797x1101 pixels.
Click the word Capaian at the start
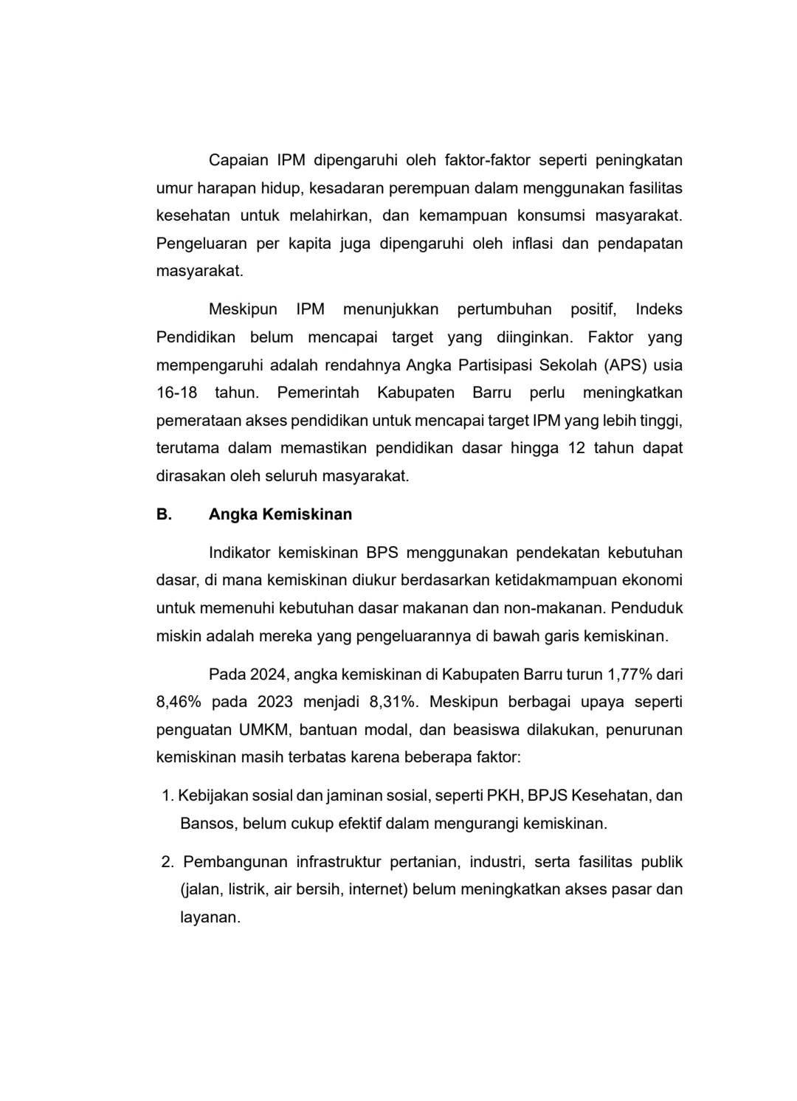pos(238,160)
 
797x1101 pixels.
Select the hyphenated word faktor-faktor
pos(487,160)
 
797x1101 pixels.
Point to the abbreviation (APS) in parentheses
pos(625,365)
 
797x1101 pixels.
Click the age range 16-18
pos(176,393)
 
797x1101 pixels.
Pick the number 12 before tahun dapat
pos(576,448)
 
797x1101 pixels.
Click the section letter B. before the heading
pos(164,514)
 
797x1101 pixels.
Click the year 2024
pos(269,674)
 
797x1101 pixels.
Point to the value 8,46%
pos(177,702)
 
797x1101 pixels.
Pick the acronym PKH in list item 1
pos(503,795)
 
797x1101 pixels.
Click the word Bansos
pos(207,824)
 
